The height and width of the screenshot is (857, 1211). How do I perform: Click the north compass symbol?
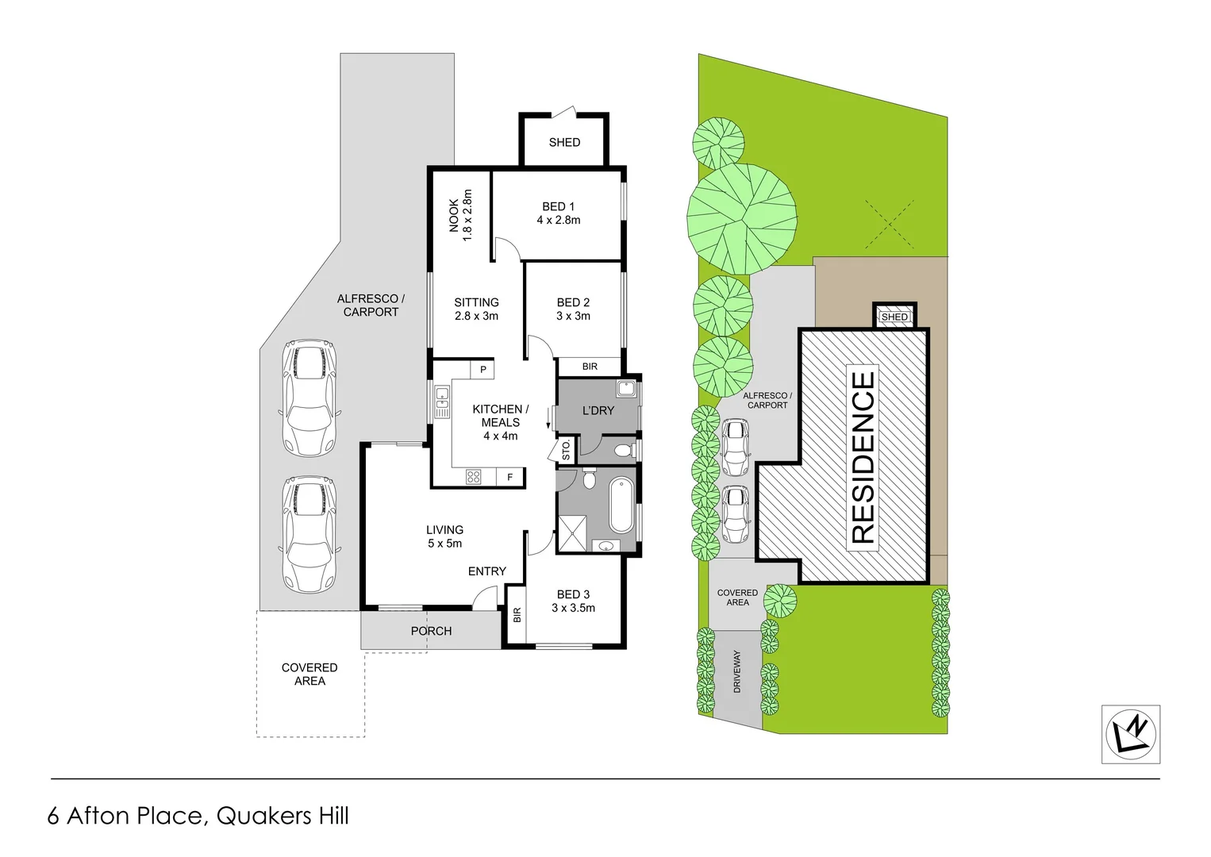click(1131, 734)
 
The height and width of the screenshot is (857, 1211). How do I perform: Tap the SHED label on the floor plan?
click(564, 143)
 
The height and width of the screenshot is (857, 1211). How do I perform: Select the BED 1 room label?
click(558, 213)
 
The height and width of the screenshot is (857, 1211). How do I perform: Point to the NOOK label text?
click(460, 215)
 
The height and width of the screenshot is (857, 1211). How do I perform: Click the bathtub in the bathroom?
click(621, 505)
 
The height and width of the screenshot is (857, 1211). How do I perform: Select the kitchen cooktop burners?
click(474, 477)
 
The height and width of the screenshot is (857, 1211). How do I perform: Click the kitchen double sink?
click(442, 402)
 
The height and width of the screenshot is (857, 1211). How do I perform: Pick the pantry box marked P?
click(482, 370)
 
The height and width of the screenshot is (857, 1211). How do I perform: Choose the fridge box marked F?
click(510, 477)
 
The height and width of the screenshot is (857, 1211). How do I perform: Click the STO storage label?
click(566, 451)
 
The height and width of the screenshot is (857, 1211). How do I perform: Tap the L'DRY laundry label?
click(598, 411)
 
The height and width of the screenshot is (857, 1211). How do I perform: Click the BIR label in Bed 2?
click(590, 367)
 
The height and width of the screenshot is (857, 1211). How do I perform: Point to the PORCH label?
click(431, 632)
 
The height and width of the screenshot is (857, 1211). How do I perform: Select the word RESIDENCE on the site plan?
click(863, 457)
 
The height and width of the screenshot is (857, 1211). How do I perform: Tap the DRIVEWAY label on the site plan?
click(736, 672)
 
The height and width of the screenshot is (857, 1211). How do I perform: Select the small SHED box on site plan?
click(894, 317)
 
